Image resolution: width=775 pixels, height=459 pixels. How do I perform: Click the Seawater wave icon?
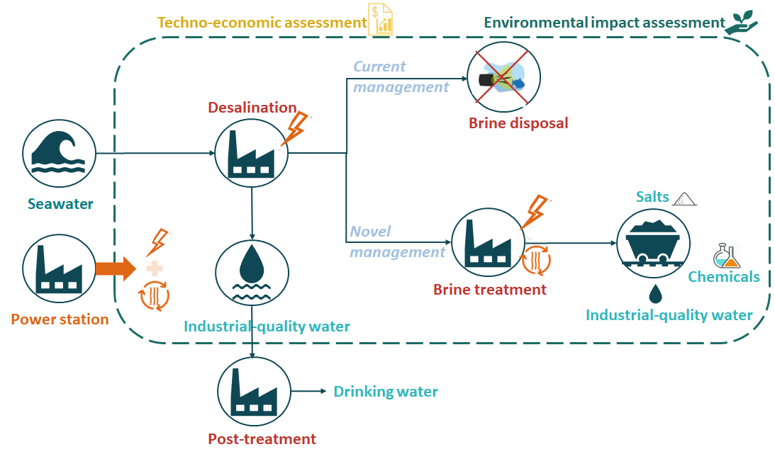click(x=60, y=154)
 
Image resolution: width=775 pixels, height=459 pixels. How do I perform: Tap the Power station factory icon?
click(x=60, y=268)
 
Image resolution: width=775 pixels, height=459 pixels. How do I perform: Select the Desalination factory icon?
click(x=252, y=153)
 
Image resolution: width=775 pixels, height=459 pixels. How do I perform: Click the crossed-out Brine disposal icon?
click(x=503, y=77)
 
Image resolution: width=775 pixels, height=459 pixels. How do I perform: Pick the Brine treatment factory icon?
click(x=489, y=242)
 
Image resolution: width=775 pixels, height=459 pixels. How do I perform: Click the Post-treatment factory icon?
click(x=254, y=392)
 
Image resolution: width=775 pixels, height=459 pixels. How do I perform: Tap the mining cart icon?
click(x=654, y=244)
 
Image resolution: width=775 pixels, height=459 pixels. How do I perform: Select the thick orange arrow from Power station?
click(x=115, y=269)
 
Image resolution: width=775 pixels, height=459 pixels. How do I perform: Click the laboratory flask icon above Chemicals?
click(x=726, y=256)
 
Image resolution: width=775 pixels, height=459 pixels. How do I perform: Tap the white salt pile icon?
click(x=684, y=199)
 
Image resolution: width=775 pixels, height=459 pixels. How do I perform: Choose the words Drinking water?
click(x=386, y=392)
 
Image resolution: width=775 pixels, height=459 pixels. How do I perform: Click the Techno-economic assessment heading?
click(x=262, y=23)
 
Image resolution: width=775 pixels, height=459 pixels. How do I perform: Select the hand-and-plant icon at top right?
click(x=741, y=22)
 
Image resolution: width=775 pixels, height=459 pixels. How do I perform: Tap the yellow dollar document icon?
click(x=380, y=19)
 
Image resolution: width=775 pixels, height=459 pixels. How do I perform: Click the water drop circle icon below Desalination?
click(x=252, y=273)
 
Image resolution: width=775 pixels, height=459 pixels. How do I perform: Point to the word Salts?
click(x=652, y=197)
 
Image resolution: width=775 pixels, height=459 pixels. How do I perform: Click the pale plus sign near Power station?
click(x=155, y=269)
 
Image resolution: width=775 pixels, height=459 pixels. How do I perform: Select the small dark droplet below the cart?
click(x=655, y=293)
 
